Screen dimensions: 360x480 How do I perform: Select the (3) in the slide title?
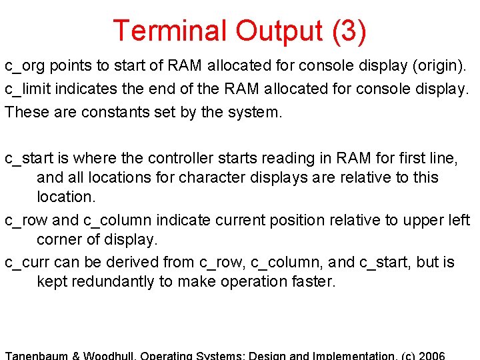347,31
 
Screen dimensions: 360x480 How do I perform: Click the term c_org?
25,67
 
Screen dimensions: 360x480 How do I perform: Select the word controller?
183,158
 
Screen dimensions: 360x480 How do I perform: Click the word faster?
313,281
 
